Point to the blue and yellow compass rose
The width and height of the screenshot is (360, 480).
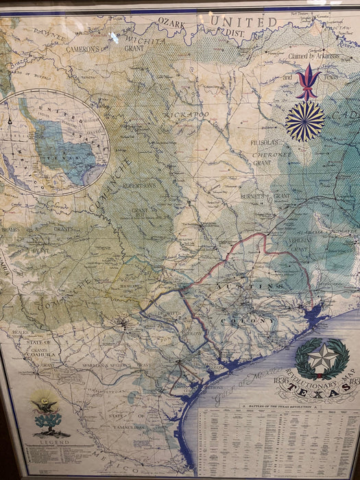[x=304, y=122]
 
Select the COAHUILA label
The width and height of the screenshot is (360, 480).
[x=40, y=354]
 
